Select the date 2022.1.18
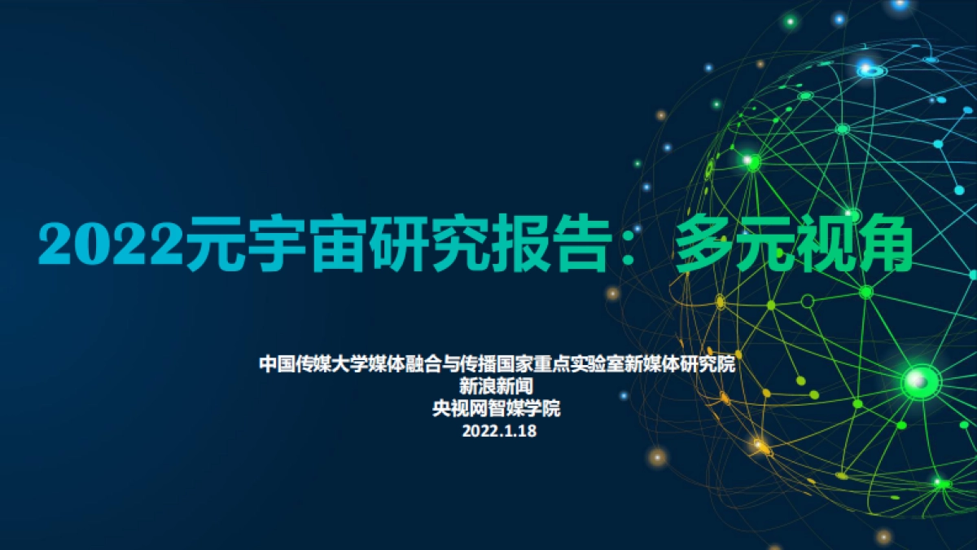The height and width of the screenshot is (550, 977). [x=499, y=432]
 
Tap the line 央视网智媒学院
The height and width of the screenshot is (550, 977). [x=497, y=409]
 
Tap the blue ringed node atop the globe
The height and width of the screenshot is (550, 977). [x=871, y=71]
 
